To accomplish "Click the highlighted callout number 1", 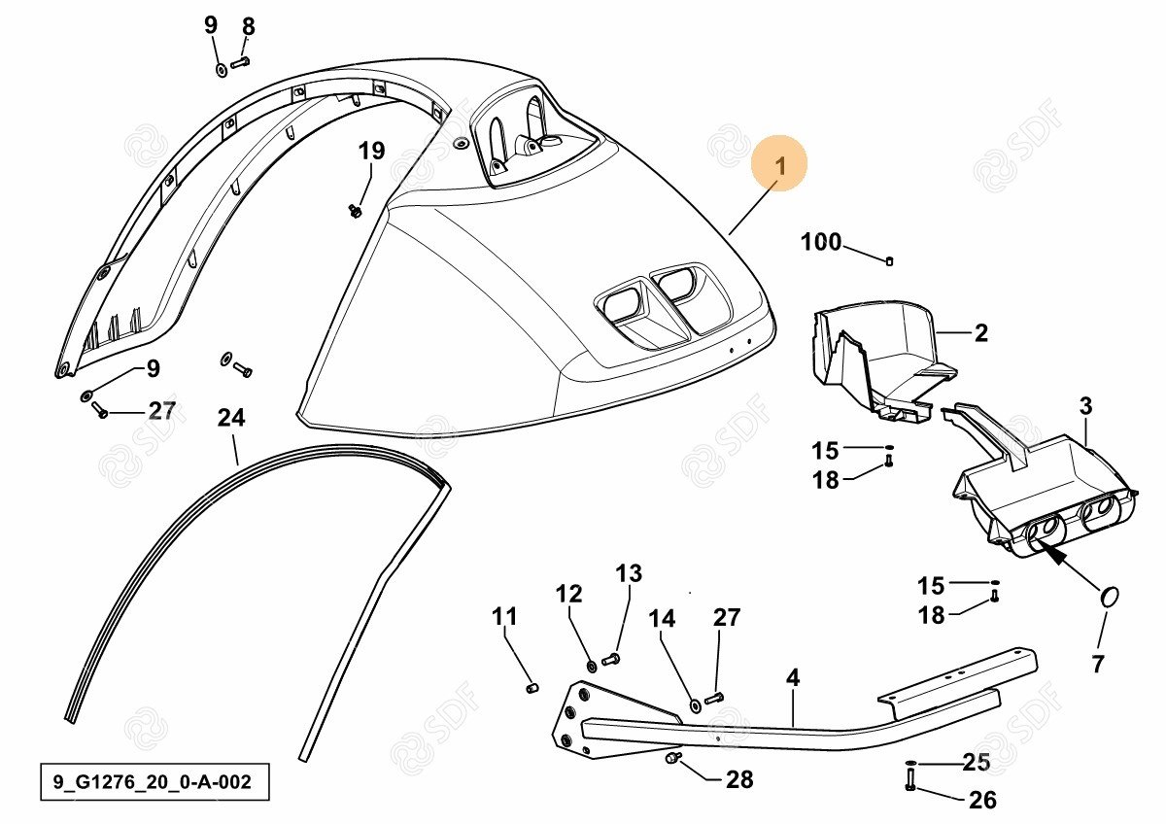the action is (779, 165).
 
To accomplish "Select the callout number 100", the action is (820, 242).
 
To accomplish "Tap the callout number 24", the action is (231, 418).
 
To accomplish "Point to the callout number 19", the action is (371, 151).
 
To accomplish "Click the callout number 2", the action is (981, 333).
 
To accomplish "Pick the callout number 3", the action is (1085, 406).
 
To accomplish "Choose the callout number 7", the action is (1097, 664).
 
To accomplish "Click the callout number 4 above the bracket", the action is (792, 677).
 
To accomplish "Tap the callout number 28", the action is (739, 779).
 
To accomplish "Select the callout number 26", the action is (982, 800).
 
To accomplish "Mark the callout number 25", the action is (976, 763).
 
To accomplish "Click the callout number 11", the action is (504, 617).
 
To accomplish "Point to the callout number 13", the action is (629, 573).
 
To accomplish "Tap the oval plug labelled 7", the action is (1111, 597).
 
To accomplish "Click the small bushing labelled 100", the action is (890, 260).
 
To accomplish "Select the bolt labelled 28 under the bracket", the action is (673, 757).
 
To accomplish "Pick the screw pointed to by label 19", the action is (355, 211).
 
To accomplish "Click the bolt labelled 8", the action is (239, 63).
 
